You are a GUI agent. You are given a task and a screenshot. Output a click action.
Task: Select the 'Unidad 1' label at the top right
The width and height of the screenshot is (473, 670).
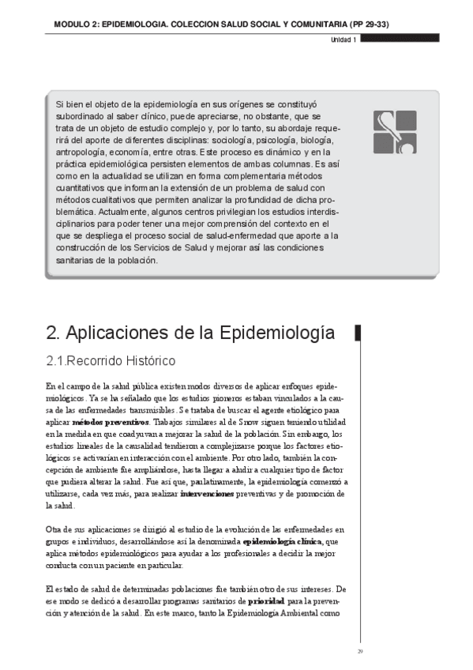pos(343,40)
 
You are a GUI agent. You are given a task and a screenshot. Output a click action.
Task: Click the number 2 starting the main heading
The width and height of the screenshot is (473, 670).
pos(53,333)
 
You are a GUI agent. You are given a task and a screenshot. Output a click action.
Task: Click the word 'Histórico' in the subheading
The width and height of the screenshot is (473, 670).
pos(145,362)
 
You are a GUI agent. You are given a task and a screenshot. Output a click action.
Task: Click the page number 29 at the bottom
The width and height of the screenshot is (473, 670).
pos(359,651)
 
